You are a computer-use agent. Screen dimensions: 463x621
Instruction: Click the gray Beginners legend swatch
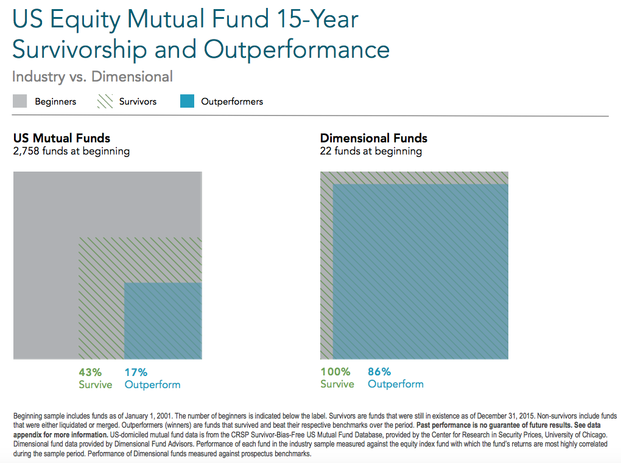[20, 102]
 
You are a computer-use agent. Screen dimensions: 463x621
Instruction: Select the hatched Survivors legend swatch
[105, 102]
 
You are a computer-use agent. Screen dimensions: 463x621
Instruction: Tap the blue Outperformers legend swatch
[188, 102]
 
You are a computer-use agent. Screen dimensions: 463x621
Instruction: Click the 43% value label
[90, 372]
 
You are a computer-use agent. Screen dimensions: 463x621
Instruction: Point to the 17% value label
[136, 372]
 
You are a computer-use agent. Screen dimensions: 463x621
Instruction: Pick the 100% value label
[335, 372]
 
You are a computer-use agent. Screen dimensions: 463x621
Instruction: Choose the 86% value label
[379, 372]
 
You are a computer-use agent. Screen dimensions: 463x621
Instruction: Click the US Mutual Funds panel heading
[61, 138]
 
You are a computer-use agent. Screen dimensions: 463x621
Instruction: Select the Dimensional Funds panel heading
[374, 138]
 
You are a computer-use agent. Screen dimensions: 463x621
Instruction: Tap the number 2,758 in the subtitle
[27, 151]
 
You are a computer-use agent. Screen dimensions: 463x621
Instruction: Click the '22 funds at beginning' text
[371, 151]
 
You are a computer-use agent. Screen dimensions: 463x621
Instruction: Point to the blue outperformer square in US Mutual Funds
[163, 321]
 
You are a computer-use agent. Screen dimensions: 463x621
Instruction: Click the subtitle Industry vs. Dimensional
[93, 77]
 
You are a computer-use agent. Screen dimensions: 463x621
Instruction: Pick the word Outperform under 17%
[152, 385]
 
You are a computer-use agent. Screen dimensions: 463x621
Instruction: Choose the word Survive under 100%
[337, 385]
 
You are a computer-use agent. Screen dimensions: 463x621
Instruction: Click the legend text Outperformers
[232, 102]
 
